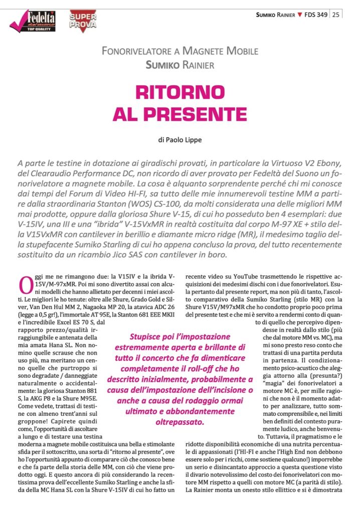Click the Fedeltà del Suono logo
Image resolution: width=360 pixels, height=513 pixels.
pyautogui.click(x=33, y=22)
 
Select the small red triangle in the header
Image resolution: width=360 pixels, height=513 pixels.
pyautogui.click(x=300, y=15)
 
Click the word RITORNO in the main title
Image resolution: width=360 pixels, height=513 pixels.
pyautogui.click(x=180, y=92)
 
